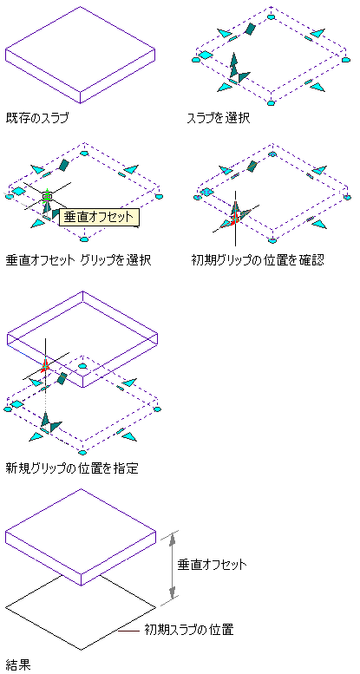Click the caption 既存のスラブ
37,117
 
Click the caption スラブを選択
219,117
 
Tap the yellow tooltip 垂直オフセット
100,217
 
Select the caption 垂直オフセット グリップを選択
78,260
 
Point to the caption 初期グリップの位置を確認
257,260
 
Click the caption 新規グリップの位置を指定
72,468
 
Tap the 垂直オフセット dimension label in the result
213,564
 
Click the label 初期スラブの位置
189,630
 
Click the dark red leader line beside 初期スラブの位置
129,631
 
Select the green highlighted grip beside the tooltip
47,196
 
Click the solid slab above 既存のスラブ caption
80,55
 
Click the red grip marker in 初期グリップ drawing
234,219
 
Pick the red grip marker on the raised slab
45,365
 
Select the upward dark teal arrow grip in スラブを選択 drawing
233,64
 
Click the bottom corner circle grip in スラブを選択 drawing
270,102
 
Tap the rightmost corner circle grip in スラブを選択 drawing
347,59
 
